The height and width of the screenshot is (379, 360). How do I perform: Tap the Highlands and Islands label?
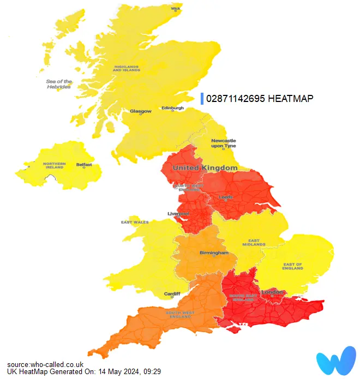pyautogui.click(x=127, y=69)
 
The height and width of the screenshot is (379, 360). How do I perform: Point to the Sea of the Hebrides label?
pyautogui.click(x=58, y=85)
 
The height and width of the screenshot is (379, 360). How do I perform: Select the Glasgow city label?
pyautogui.click(x=140, y=111)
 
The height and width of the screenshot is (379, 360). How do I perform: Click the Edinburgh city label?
pyautogui.click(x=173, y=108)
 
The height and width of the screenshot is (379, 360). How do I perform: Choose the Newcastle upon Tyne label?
pyautogui.click(x=224, y=143)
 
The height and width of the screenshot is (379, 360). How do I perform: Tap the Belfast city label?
pyautogui.click(x=84, y=164)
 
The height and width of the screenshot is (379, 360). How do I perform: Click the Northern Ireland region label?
pyautogui.click(x=55, y=166)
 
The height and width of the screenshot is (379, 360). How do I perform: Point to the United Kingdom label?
pyautogui.click(x=205, y=168)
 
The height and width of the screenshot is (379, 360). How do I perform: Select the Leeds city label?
pyautogui.click(x=226, y=197)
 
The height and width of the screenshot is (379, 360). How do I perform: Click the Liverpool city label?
pyautogui.click(x=178, y=213)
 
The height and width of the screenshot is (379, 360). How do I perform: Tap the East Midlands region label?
pyautogui.click(x=254, y=242)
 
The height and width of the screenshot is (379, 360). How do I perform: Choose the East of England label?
pyautogui.click(x=293, y=267)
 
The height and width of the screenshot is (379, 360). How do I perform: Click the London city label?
pyautogui.click(x=273, y=292)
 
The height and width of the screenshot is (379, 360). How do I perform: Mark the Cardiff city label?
pyautogui.click(x=172, y=294)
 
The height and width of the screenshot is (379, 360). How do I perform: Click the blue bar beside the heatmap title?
pyautogui.click(x=202, y=99)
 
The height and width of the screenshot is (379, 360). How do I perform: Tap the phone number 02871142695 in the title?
pyautogui.click(x=236, y=99)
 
